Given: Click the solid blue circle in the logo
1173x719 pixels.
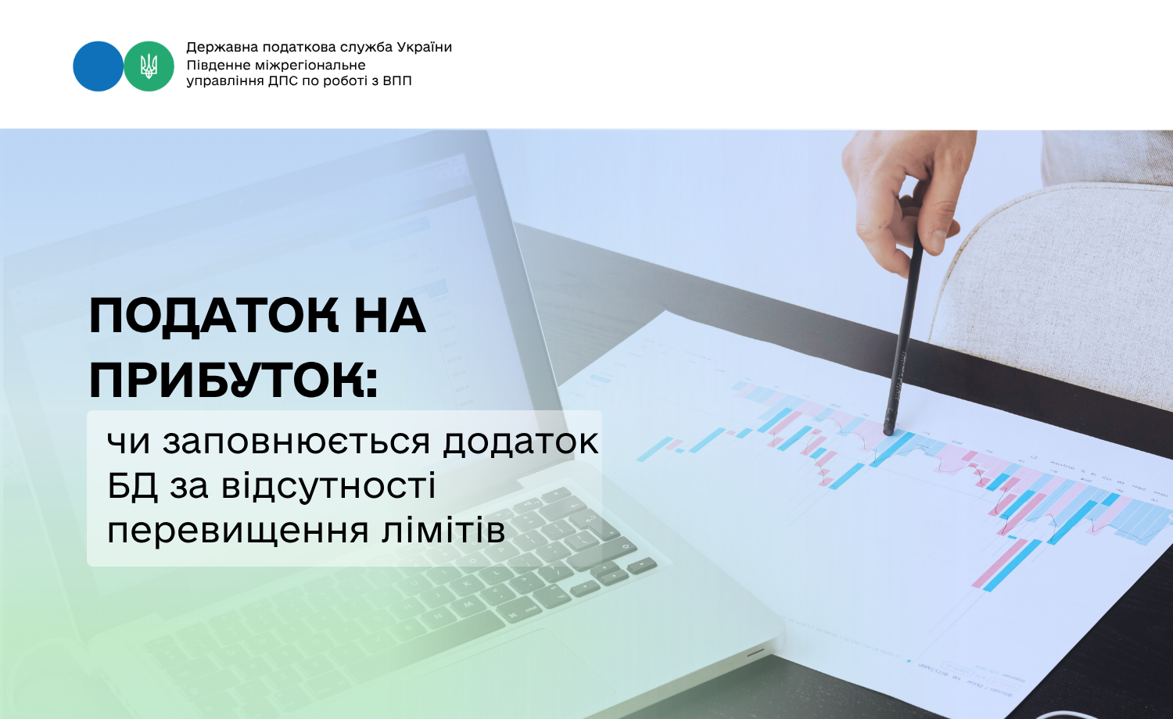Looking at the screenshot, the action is pos(98,66).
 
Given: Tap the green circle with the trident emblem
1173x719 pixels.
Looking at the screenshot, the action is pos(149,66).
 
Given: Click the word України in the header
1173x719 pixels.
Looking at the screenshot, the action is pos(424,47).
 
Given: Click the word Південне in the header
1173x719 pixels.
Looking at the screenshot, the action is pos(218,65).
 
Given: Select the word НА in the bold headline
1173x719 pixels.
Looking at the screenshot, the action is pos(389,315).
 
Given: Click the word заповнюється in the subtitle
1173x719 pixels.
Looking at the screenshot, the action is pos(296,442).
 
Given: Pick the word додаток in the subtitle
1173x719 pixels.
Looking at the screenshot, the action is pos(521,441).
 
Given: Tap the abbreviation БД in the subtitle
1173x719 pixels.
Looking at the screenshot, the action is pos(132,486).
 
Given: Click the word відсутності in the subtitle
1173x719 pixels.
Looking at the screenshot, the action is pos(329,485).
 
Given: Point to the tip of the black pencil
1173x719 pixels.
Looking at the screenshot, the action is pos(888,431).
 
